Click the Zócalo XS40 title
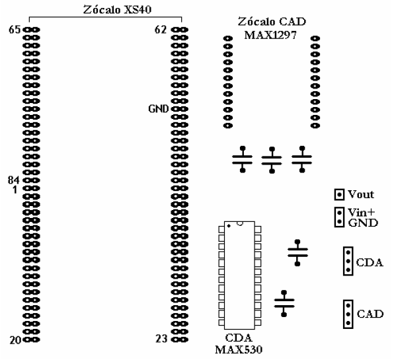117,10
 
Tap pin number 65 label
15,30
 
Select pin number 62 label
161,30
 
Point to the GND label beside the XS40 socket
158,109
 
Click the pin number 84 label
13,180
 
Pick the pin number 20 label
15,340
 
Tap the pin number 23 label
161,339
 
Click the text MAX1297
270,35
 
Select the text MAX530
239,349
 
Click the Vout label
361,194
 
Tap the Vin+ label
362,213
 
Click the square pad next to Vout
339,194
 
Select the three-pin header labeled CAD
348,314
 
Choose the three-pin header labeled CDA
348,261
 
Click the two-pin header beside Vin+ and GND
339,217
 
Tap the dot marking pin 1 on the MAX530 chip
229,226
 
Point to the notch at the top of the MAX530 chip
240,223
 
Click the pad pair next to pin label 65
31,30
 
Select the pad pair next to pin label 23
180,340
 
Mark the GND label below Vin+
363,223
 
